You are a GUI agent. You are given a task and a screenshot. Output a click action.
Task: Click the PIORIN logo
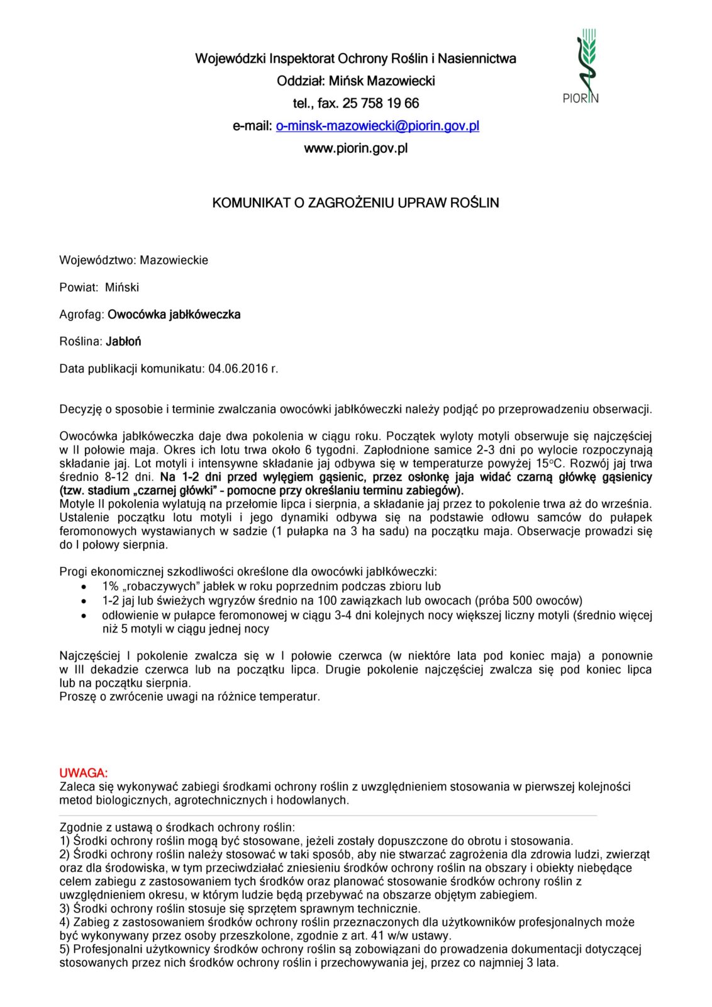pyautogui.click(x=580, y=66)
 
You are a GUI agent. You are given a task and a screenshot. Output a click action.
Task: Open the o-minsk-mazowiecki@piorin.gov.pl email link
pyautogui.click(x=377, y=126)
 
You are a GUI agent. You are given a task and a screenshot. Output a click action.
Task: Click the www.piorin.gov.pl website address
pyautogui.click(x=355, y=149)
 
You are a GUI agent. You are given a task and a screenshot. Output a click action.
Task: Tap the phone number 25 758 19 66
pyautogui.click(x=381, y=103)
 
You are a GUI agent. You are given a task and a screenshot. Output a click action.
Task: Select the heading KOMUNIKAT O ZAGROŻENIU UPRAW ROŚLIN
pyautogui.click(x=355, y=203)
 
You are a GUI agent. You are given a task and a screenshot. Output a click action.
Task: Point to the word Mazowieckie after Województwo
pyautogui.click(x=174, y=260)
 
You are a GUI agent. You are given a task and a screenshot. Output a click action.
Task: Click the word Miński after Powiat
pyautogui.click(x=122, y=287)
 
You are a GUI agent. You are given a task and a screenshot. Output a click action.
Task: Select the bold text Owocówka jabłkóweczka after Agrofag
pyautogui.click(x=174, y=314)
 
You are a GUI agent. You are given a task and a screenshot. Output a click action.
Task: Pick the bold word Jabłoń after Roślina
pyautogui.click(x=123, y=341)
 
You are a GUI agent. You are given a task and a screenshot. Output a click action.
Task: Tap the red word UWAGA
pyautogui.click(x=84, y=773)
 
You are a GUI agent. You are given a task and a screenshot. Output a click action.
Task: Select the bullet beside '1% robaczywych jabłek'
pyautogui.click(x=84, y=587)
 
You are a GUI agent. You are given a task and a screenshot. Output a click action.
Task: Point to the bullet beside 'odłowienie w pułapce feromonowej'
pyautogui.click(x=84, y=615)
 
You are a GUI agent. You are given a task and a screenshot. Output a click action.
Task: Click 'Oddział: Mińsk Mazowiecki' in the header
pyautogui.click(x=355, y=81)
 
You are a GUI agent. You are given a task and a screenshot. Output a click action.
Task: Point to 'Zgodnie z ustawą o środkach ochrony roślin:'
pyautogui.click(x=177, y=827)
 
